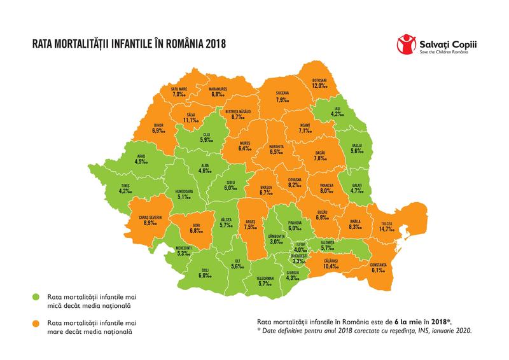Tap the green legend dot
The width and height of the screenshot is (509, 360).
tap(38, 297)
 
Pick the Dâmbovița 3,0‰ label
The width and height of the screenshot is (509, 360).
tap(275, 239)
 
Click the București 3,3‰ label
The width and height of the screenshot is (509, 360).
tap(297, 258)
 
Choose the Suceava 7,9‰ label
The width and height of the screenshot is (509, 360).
tap(282, 97)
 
